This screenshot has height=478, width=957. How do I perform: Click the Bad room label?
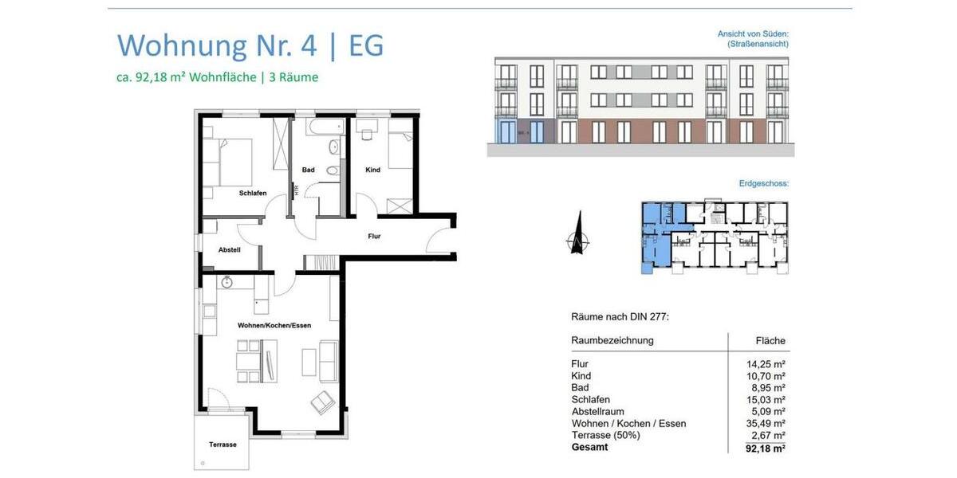click(308, 170)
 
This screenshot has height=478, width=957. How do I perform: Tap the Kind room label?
click(372, 170)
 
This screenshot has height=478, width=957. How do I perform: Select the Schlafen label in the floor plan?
click(252, 193)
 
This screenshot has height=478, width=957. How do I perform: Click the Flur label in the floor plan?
click(374, 237)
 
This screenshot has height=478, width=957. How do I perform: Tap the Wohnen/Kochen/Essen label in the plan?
click(274, 326)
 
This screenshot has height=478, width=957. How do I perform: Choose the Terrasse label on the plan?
click(223, 445)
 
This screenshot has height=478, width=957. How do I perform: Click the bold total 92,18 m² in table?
click(765, 449)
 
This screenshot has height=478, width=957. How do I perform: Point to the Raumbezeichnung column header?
click(612, 340)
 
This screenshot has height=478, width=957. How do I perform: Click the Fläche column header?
click(771, 341)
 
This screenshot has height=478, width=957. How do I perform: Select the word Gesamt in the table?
click(589, 448)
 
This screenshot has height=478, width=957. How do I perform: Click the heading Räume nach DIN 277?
click(620, 317)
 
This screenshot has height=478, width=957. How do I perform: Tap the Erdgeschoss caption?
click(763, 183)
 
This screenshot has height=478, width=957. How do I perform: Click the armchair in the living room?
click(323, 402)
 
